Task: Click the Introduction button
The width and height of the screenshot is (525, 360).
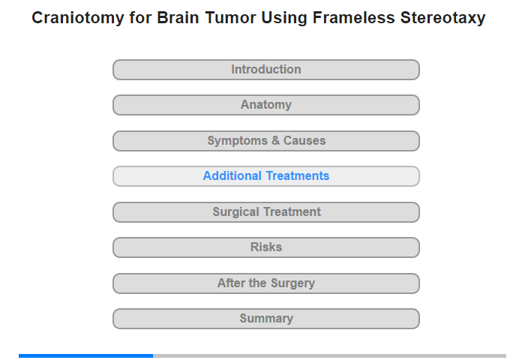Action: pos(266,70)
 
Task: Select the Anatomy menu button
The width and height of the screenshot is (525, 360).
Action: pos(266,105)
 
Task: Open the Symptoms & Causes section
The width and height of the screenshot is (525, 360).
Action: pos(266,141)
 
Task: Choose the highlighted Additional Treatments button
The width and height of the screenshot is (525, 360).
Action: pos(266,176)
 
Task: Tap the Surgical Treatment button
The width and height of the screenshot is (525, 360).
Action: pos(266,212)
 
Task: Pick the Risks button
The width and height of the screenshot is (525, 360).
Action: pos(266,247)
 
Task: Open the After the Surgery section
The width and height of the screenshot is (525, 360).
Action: pos(266,283)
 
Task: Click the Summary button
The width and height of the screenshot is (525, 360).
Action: pos(266,319)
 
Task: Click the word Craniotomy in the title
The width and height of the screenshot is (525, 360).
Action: pos(78,18)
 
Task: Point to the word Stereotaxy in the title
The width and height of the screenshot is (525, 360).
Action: pos(443,18)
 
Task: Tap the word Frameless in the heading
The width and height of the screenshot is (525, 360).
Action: pos(353,18)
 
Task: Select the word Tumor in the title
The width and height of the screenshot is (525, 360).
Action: pos(230,18)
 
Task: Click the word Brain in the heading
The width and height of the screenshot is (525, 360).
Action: pos(178,18)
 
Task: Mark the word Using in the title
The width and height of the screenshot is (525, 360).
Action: pos(284,19)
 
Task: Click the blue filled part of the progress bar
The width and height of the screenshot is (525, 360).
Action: pos(85,355)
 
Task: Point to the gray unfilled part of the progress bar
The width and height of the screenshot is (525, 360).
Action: pos(329,355)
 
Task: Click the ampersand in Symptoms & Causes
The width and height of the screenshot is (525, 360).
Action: pos(275,141)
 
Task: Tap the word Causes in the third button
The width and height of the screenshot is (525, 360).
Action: pos(304,141)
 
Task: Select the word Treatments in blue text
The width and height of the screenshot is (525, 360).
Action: pos(297,175)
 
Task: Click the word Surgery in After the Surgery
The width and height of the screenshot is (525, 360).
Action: pos(292,283)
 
